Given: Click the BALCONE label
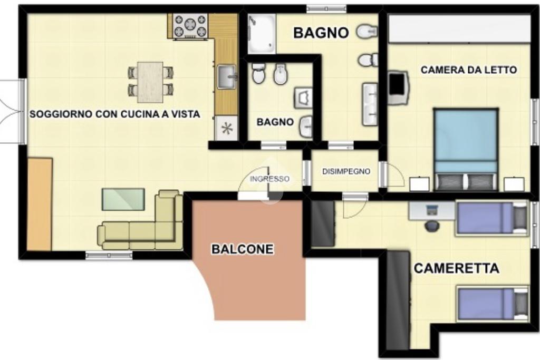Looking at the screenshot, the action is pyautogui.click(x=243, y=249).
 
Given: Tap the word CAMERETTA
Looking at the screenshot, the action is pyautogui.click(x=456, y=268).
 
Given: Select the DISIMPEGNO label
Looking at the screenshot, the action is pyautogui.click(x=346, y=171).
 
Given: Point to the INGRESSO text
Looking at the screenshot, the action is pyautogui.click(x=269, y=179).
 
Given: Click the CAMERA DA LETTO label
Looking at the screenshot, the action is pyautogui.click(x=469, y=70).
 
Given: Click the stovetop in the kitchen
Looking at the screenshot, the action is pyautogui.click(x=190, y=25).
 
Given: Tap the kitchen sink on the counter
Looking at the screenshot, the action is pyautogui.click(x=227, y=76).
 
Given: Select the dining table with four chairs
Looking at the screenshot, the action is pyautogui.click(x=150, y=82).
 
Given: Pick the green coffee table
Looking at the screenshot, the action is pyautogui.click(x=123, y=199).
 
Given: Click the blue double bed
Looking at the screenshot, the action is pyautogui.click(x=466, y=149).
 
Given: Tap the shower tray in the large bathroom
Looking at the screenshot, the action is pyautogui.click(x=262, y=33).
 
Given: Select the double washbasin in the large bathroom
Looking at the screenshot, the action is pyautogui.click(x=370, y=104).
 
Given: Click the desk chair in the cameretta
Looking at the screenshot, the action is pyautogui.click(x=431, y=226).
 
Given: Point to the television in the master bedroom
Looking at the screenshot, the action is pyautogui.click(x=398, y=87).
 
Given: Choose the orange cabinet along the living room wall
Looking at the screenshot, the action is pyautogui.click(x=39, y=204).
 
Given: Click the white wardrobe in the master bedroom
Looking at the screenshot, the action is pyautogui.click(x=459, y=28).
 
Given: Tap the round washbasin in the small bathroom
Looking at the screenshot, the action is pyautogui.click(x=306, y=127).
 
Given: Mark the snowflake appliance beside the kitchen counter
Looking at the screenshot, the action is pyautogui.click(x=226, y=129).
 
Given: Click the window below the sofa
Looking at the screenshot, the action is pyautogui.click(x=109, y=255).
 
